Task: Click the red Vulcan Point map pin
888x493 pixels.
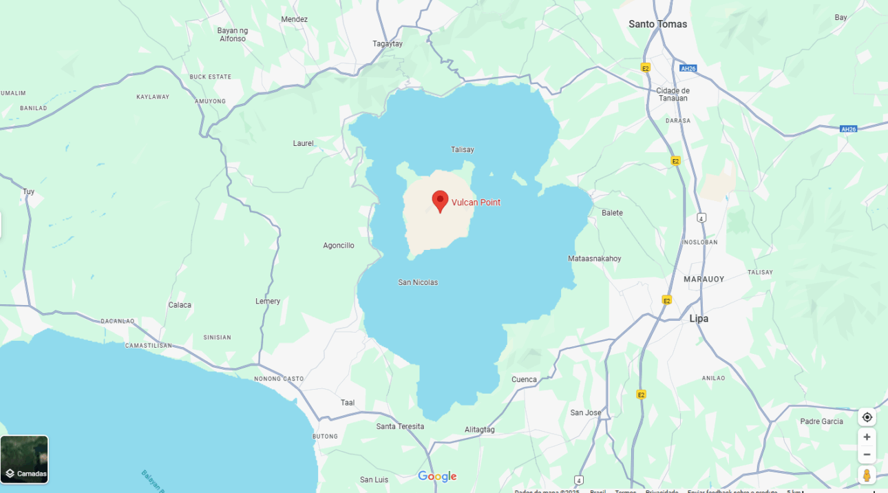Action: [x=440, y=201]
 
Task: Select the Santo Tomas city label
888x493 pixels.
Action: [x=657, y=24]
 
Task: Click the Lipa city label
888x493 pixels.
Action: [x=699, y=319]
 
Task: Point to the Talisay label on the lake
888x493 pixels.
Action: [x=463, y=149]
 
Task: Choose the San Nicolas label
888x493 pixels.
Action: [x=418, y=282]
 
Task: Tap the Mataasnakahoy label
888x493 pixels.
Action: [x=595, y=259]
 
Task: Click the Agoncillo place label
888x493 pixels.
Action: [x=339, y=246]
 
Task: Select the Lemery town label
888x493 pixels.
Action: [x=268, y=302]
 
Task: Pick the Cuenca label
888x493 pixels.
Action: [x=524, y=379]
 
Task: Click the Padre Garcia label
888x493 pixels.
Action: [x=821, y=421]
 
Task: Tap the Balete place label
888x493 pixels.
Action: [x=612, y=213]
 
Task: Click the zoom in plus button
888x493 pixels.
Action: [x=867, y=437]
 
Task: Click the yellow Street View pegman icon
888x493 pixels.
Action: [x=867, y=475]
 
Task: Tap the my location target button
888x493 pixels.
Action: [x=867, y=417]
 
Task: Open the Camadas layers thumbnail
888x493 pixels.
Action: [x=25, y=459]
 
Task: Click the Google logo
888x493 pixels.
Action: [x=437, y=476]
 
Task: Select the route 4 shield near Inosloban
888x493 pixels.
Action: [x=701, y=218]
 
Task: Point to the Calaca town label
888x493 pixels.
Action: [x=180, y=305]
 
